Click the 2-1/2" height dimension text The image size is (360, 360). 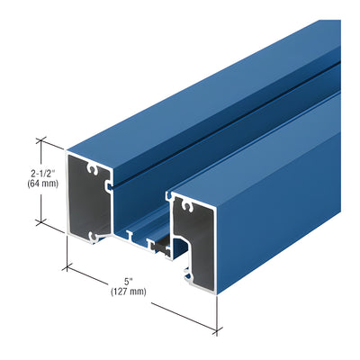43,174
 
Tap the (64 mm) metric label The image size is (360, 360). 42,184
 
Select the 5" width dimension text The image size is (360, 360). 129,282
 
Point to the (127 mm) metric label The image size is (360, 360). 129,292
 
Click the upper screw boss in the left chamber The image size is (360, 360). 93,170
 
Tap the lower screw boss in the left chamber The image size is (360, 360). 94,237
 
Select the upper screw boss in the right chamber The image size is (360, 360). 187,207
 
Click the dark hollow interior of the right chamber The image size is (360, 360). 196,240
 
